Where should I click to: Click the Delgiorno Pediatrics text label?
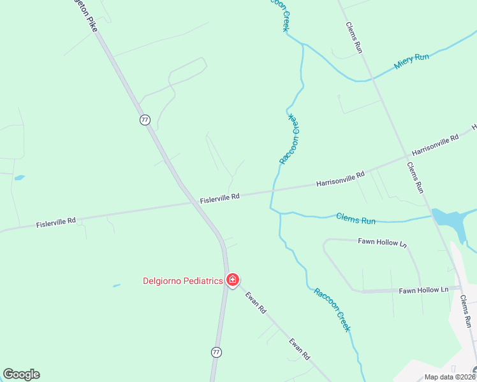pos(182,280)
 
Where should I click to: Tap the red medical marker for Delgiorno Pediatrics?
pos(233,280)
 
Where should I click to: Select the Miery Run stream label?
pos(412,61)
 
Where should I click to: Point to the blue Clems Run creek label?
pos(356,219)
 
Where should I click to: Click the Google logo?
pos(21,374)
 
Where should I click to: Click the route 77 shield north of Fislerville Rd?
pos(145,120)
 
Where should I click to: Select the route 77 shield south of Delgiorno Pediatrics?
pos(216,351)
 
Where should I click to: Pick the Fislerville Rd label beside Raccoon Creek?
pos(219,199)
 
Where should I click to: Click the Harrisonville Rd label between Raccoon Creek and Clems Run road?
pos(340,178)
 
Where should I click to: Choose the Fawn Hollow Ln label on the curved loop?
pos(382,243)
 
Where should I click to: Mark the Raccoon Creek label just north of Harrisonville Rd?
pos(290,139)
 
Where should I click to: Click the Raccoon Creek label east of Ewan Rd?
pos(332,309)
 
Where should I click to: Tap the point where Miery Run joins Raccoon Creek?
pos(303,45)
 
